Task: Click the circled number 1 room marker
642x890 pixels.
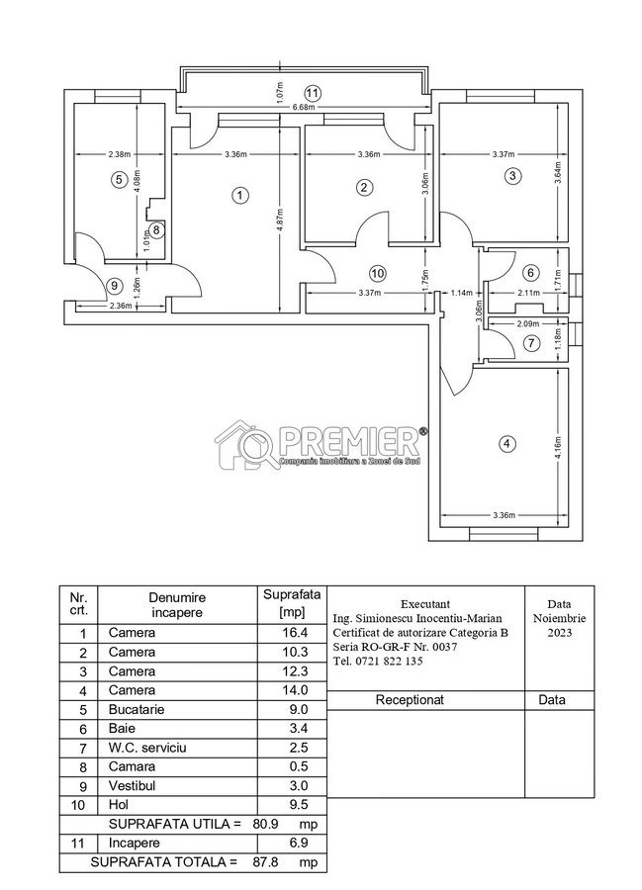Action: (239, 195)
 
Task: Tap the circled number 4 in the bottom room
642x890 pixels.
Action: (507, 444)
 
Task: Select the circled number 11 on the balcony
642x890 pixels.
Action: (314, 93)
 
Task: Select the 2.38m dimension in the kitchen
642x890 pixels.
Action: (92, 153)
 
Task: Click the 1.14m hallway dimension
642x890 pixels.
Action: (460, 293)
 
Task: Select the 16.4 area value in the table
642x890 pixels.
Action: (283, 633)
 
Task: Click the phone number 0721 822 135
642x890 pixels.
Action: (379, 661)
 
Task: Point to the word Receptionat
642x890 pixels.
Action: (410, 699)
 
